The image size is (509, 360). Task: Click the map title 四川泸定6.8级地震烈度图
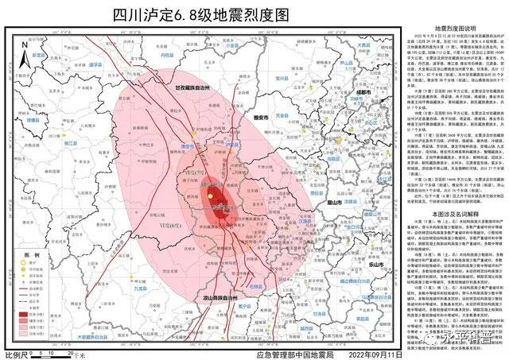[198, 14]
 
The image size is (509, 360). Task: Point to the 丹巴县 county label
[165, 56]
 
